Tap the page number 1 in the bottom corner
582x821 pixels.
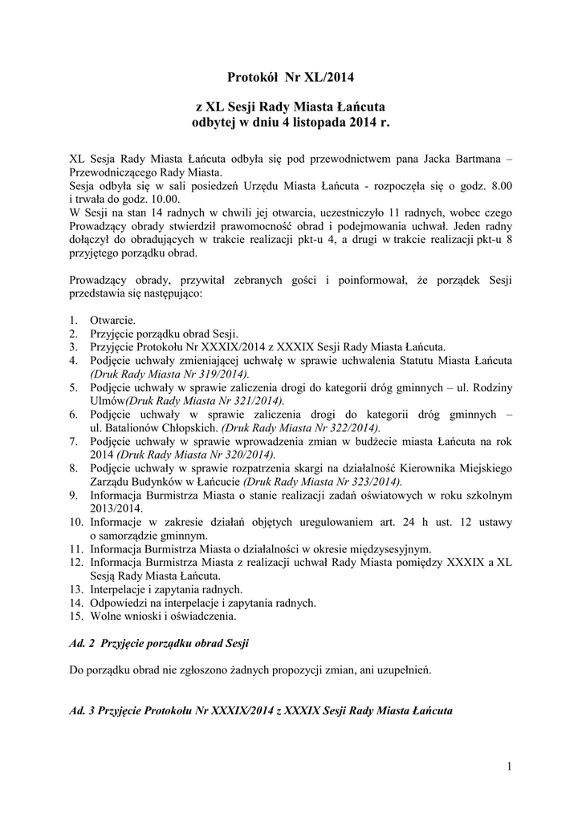509,769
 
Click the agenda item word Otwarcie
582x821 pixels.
112,321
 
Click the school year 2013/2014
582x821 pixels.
116,508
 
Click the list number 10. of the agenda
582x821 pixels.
76,522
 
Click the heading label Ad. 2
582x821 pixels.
80,644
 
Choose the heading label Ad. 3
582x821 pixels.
80,710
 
